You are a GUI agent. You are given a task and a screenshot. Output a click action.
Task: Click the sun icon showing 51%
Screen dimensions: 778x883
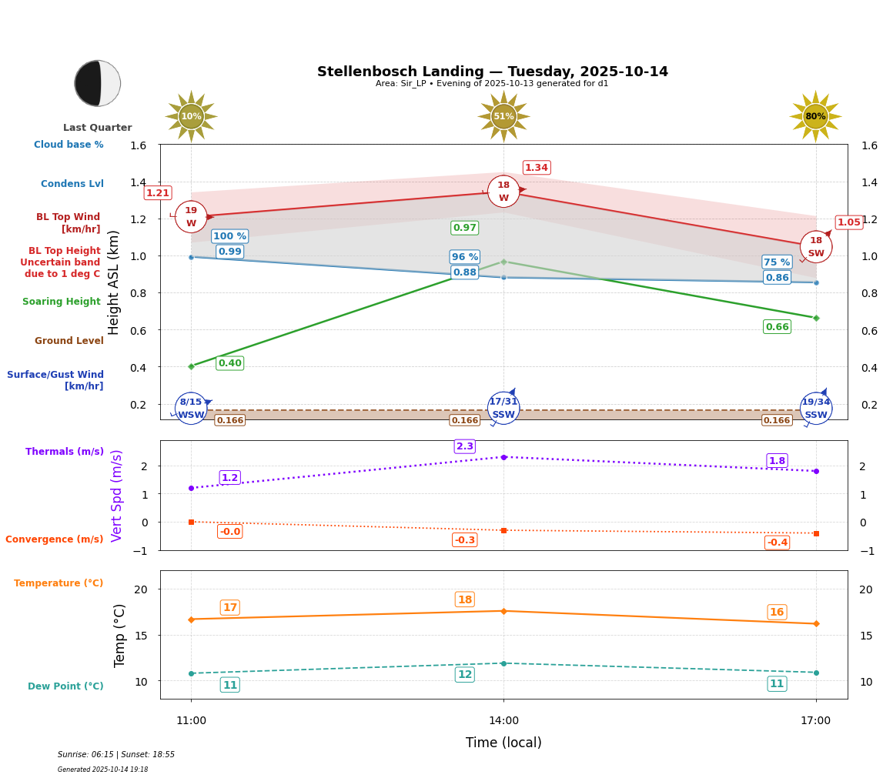point(503,116)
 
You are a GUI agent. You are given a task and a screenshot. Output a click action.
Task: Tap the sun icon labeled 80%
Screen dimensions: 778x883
point(815,116)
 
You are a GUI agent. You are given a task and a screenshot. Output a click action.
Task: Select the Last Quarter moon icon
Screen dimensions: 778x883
point(98,83)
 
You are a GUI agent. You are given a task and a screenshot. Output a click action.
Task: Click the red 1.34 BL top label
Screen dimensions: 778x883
point(537,168)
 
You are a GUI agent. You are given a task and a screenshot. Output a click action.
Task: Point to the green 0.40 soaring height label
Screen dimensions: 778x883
point(230,363)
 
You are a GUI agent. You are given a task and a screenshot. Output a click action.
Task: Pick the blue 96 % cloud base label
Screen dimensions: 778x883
point(465,257)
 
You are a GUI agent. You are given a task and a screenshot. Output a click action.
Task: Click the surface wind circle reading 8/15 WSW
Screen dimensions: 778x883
point(191,408)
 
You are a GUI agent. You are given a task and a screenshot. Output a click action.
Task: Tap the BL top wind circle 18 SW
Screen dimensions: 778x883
point(816,246)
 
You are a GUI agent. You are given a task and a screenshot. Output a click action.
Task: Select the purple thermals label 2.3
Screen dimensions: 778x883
point(465,446)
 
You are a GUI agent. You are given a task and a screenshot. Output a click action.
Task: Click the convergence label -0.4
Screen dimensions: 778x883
point(778,543)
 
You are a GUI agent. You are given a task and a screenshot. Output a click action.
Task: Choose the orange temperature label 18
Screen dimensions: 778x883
point(465,599)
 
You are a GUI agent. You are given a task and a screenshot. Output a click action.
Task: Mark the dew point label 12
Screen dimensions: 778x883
point(465,675)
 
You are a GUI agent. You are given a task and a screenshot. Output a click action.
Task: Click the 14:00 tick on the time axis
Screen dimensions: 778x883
point(503,721)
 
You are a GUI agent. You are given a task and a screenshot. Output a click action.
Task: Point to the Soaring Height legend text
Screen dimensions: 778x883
point(62,302)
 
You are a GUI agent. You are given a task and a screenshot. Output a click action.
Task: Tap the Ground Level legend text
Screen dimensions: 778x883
point(69,341)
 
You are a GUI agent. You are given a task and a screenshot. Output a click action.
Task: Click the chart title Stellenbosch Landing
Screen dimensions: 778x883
point(493,72)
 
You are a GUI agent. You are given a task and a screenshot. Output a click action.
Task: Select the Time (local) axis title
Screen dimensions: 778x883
point(503,743)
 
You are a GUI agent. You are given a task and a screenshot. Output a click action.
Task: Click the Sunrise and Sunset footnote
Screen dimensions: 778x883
point(116,755)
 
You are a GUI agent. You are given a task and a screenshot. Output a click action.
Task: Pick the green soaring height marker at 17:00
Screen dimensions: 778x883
point(816,318)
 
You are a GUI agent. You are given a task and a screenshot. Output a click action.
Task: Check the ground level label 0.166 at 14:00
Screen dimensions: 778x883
point(465,420)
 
